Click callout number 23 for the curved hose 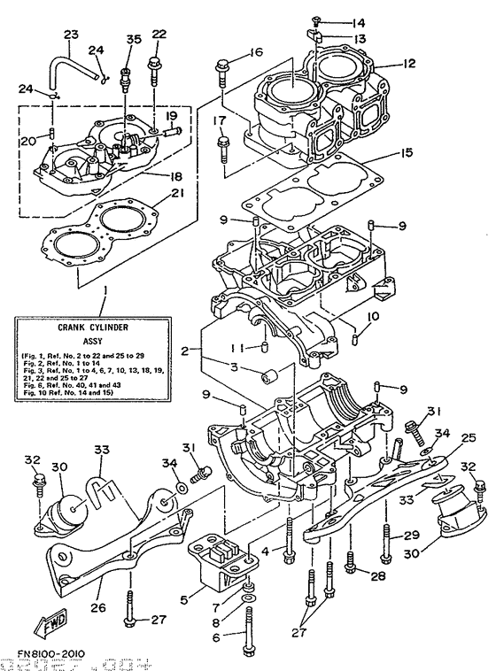pos(72,35)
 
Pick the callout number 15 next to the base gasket pos(407,152)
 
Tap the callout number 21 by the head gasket pos(177,194)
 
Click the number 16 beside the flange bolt pos(256,53)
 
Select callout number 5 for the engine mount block pos(185,599)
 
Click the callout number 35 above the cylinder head pos(134,39)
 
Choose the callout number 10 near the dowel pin pos(374,315)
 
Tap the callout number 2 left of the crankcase pos(184,351)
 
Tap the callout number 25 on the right pos(468,436)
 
